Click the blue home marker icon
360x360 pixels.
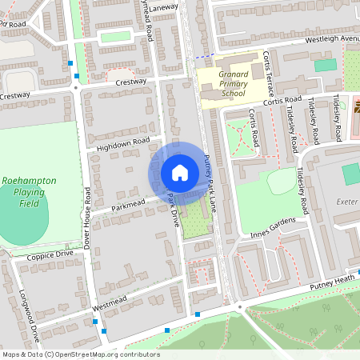coord(180,173)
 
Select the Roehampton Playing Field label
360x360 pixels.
coord(29,192)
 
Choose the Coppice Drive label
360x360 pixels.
coord(50,254)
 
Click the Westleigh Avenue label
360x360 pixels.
coord(332,39)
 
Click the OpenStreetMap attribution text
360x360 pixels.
coord(81,354)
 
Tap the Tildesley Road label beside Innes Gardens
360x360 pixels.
coord(302,192)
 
